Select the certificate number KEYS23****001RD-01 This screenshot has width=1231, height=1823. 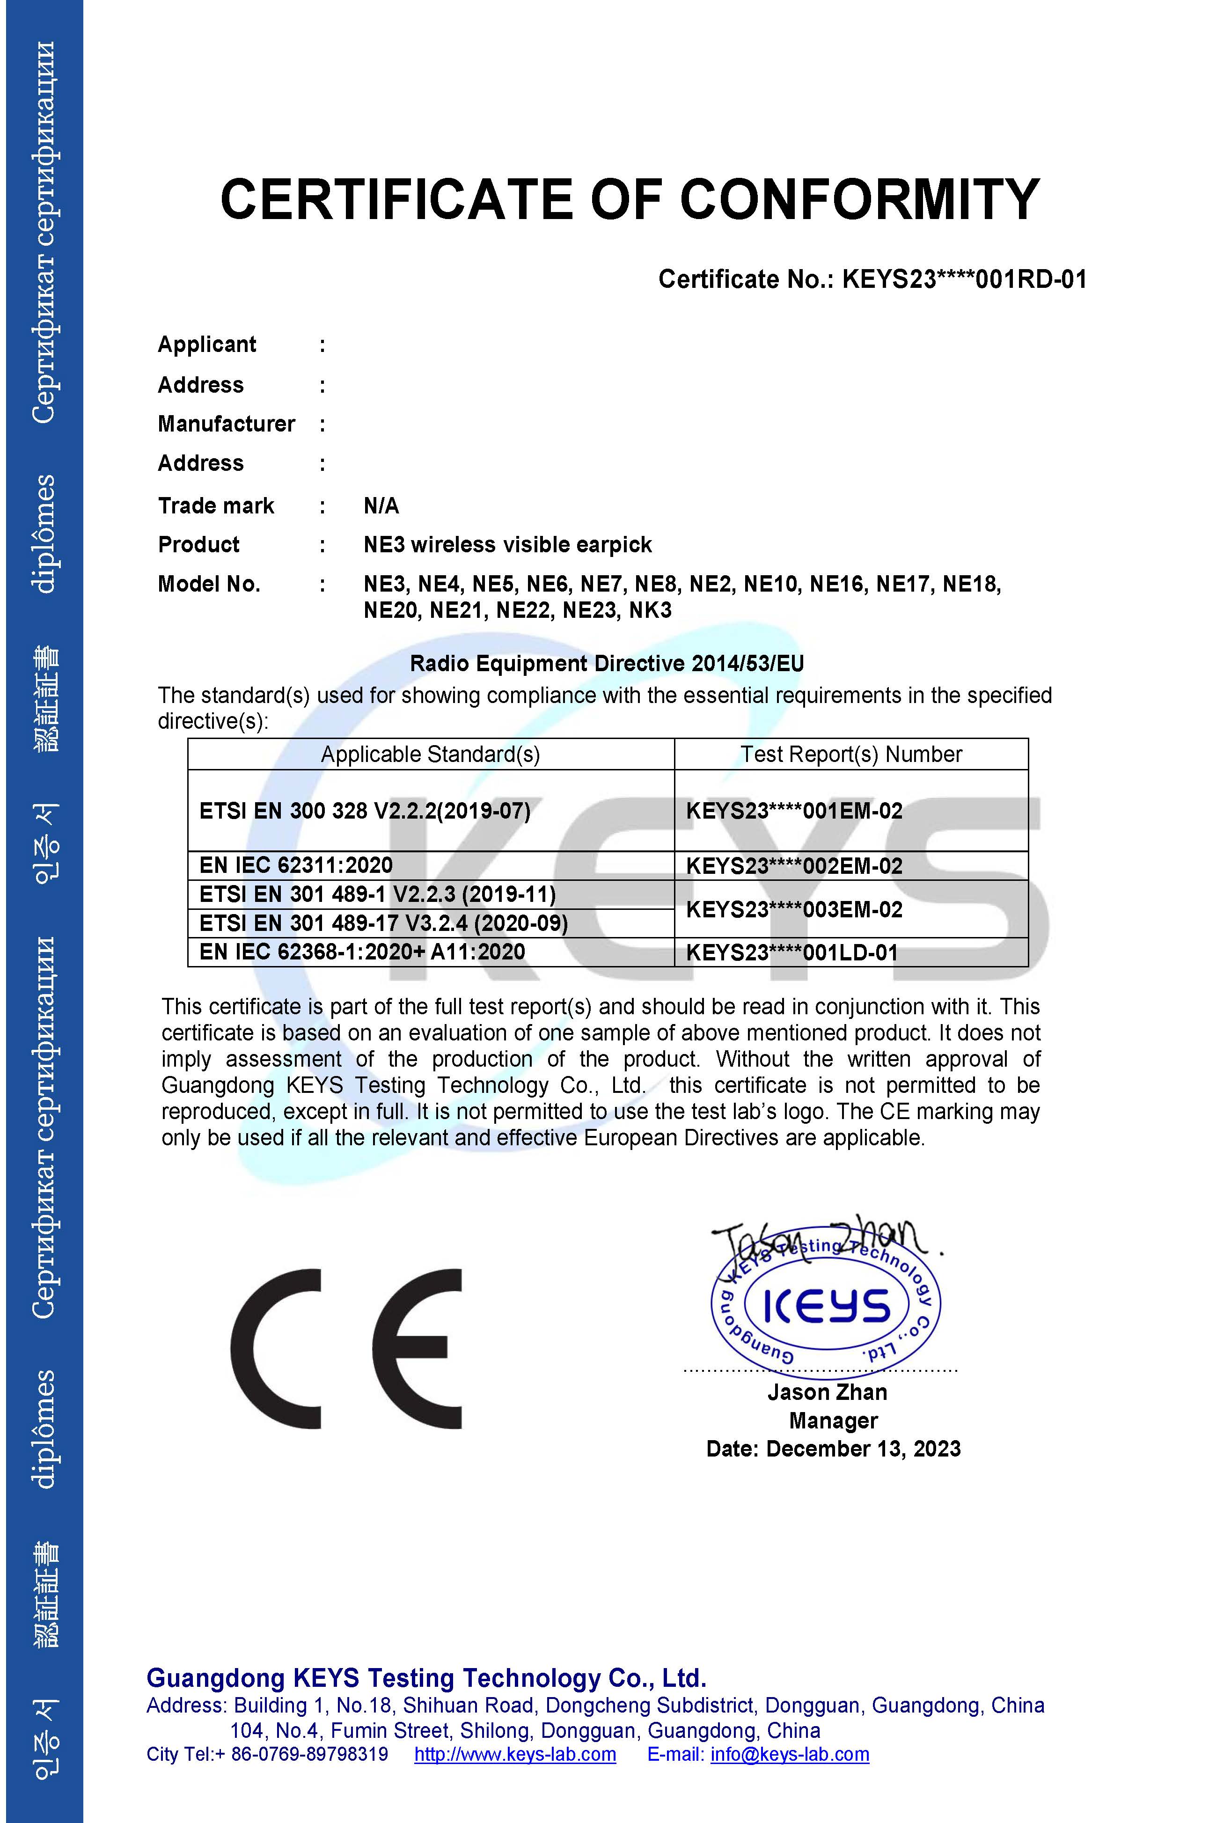pos(964,279)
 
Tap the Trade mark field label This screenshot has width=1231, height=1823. pos(216,506)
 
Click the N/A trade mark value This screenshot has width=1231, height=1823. pos(381,506)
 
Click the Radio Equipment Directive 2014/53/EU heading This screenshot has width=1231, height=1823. pos(607,664)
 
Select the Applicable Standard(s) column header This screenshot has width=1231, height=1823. pos(430,754)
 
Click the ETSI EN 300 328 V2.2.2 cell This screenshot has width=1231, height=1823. pos(365,811)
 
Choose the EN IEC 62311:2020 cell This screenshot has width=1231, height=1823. pos(296,865)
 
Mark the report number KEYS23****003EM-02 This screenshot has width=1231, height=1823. pos(794,910)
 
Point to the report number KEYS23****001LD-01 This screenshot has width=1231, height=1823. pos(791,953)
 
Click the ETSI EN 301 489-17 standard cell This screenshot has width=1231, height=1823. pos(383,923)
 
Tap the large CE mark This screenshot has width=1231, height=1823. pos(346,1349)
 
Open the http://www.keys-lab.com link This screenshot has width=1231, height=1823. pos(515,1755)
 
